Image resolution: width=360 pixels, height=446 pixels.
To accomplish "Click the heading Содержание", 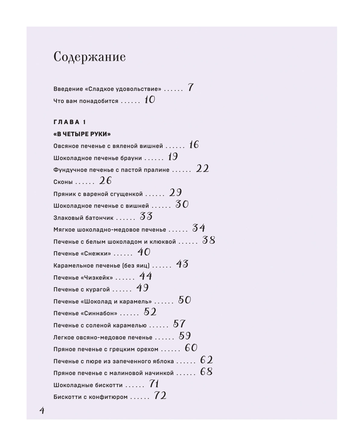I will pyautogui.click(x=89, y=57).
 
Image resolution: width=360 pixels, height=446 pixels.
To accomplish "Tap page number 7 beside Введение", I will pyautogui.click(x=190, y=88).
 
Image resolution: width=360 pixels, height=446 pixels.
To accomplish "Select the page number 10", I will pyautogui.click(x=149, y=100).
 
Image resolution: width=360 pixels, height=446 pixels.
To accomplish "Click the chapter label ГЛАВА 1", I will pyautogui.click(x=70, y=122).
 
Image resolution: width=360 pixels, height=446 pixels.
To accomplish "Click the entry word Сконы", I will pyautogui.click(x=63, y=182).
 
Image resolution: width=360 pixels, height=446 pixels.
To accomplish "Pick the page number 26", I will pyautogui.click(x=105, y=181).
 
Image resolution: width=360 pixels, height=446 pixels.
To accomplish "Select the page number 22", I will pyautogui.click(x=202, y=168).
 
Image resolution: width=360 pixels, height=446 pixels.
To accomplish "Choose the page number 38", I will pyautogui.click(x=209, y=240).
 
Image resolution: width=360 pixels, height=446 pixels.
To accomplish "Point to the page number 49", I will pyautogui.click(x=142, y=288).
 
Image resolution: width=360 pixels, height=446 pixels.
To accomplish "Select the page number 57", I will pyautogui.click(x=179, y=324).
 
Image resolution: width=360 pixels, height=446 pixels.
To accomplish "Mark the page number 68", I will pyautogui.click(x=206, y=371).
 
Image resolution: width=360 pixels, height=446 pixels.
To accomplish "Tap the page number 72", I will pyautogui.click(x=160, y=396).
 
